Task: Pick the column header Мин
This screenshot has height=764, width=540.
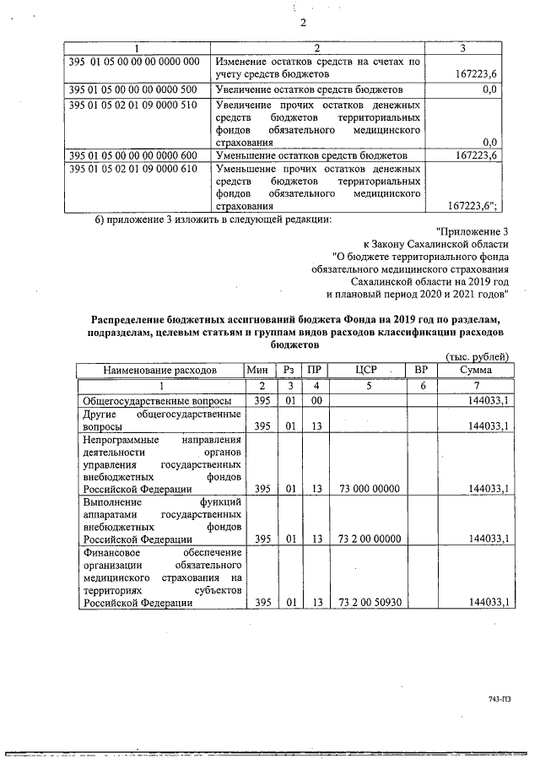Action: (257, 370)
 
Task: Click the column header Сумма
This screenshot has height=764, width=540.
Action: (476, 370)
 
